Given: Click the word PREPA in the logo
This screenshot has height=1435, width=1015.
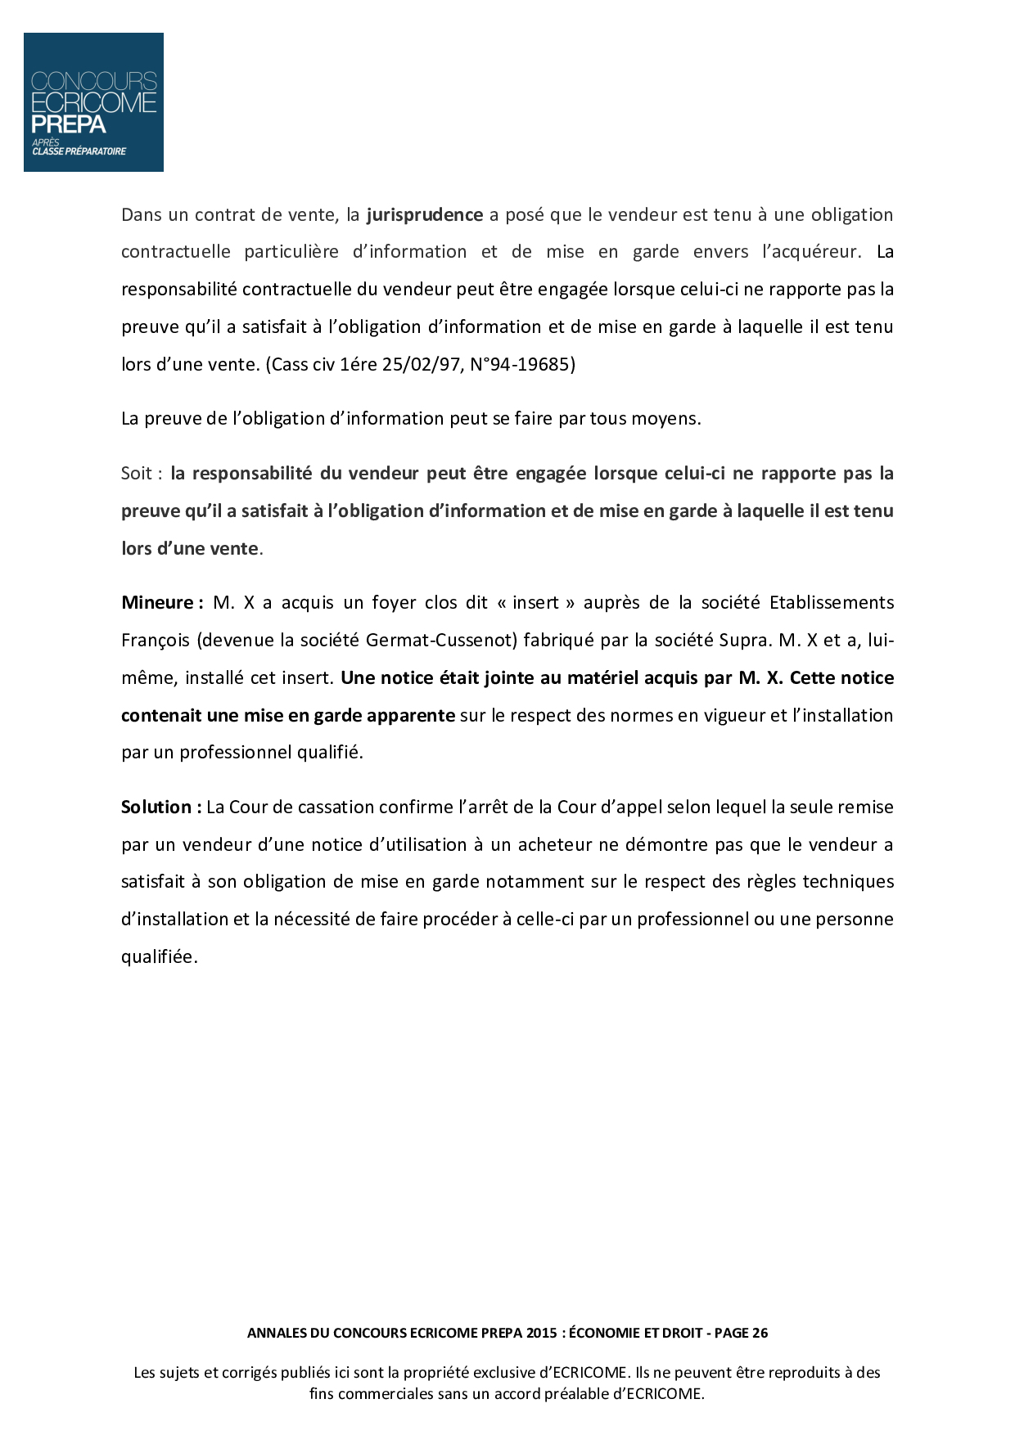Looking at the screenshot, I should point(69,124).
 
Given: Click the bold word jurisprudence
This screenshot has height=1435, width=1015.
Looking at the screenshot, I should point(424,215).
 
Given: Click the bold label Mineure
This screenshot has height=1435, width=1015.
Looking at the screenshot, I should point(157,603).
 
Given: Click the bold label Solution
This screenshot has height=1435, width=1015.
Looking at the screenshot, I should point(157,807).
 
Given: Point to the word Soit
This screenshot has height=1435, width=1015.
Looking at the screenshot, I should point(137,474).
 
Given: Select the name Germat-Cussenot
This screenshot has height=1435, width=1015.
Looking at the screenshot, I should point(441,641).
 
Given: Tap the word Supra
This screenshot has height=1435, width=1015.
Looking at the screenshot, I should point(743,641).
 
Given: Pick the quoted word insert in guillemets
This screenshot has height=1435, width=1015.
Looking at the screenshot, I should point(535,603).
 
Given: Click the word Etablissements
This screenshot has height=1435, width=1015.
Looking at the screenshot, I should point(832,603).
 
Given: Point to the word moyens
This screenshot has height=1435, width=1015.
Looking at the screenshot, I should point(668,419).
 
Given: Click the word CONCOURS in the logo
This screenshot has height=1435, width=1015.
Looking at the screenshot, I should point(93,81).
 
